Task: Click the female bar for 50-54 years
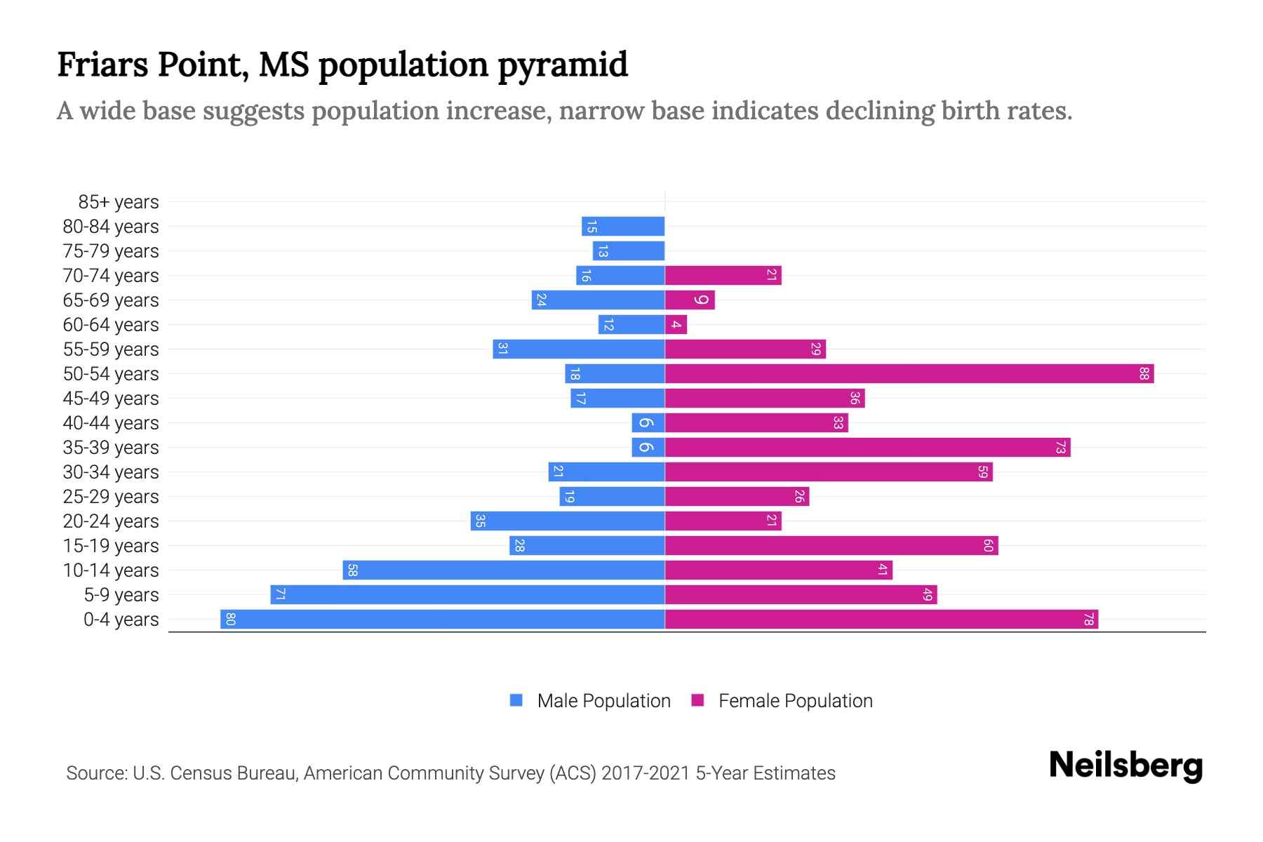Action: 909,374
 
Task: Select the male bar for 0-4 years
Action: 442,620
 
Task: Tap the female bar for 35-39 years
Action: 867,448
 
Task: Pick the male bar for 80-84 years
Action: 623,227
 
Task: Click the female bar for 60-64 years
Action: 676,325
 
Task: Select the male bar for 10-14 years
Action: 504,570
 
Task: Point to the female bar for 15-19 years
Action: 831,546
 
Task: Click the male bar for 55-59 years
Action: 579,349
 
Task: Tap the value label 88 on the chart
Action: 1144,374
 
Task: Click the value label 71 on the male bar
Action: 281,595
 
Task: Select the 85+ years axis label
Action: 119,202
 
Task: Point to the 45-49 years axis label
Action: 111,399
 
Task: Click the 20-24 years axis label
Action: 111,521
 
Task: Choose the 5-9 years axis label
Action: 121,595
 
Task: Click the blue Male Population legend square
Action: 516,700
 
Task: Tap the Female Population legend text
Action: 795,700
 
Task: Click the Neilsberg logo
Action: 1125,766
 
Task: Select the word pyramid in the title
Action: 563,65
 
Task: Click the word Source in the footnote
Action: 95,773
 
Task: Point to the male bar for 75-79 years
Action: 629,251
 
